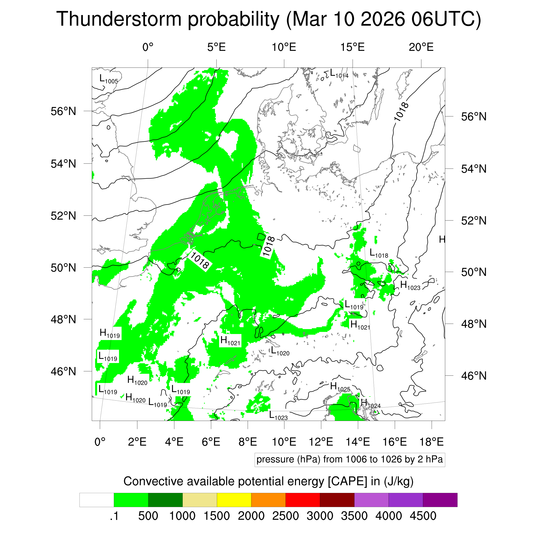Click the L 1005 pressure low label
click(109, 79)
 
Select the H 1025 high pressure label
click(340, 387)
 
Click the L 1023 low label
click(278, 416)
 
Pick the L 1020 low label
click(280, 351)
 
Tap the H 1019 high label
click(110, 334)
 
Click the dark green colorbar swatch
click(165, 500)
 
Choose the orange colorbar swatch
click(268, 500)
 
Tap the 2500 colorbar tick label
click(285, 516)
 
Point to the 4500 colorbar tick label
click(423, 516)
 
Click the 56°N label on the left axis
click(63, 111)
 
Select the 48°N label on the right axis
click(474, 324)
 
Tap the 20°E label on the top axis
click(421, 47)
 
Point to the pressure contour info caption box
click(349, 459)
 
